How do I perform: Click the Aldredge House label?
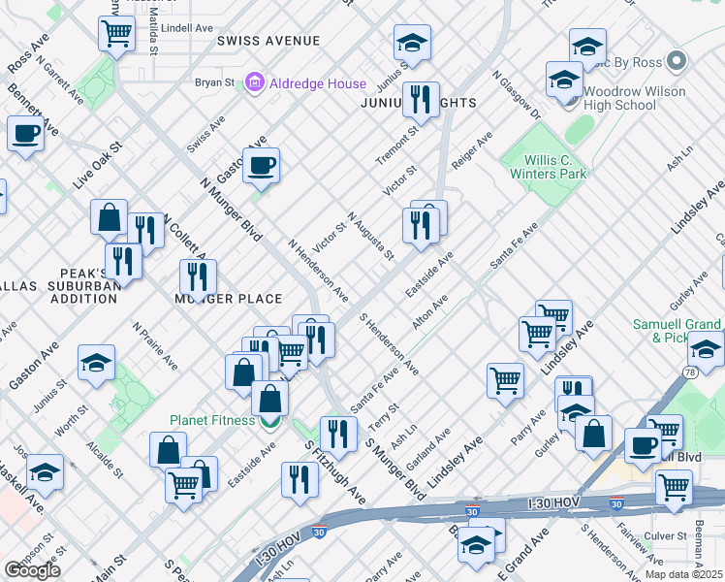point(318,83)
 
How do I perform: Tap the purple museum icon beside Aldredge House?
point(256,83)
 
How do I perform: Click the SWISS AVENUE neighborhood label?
point(268,41)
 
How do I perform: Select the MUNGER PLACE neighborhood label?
point(228,299)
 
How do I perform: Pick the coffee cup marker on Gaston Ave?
point(260,166)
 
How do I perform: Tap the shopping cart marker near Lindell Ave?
point(116,33)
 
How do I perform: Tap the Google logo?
point(32,570)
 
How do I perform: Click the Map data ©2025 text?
point(683,574)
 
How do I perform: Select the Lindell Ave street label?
point(187,28)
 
